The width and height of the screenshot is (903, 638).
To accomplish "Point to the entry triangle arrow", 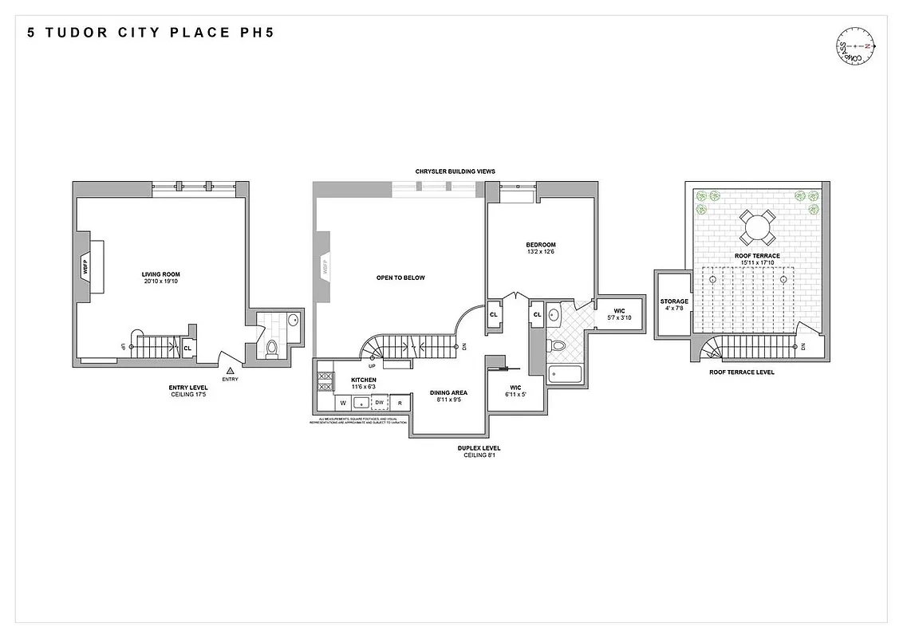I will [x=230, y=370].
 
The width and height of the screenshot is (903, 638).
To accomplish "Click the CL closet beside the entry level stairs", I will [x=188, y=348].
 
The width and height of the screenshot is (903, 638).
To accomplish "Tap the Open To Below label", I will [x=400, y=278].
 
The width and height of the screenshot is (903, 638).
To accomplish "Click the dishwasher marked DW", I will [x=380, y=403].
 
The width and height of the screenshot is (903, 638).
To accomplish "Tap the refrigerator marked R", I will [x=400, y=403].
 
